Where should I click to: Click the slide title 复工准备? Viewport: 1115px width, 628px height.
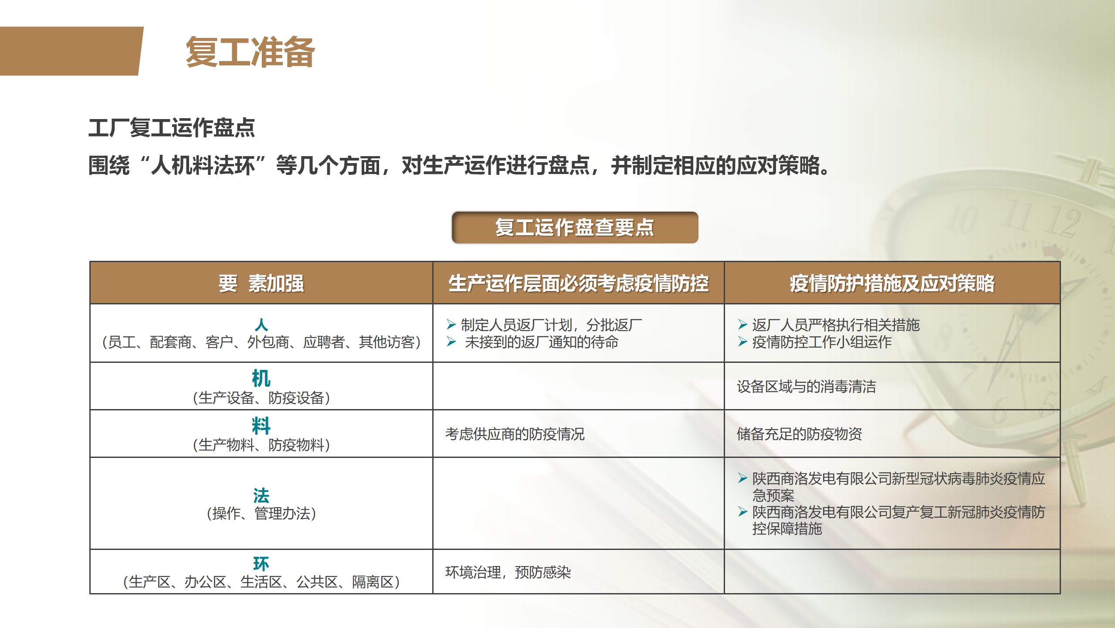[250, 52]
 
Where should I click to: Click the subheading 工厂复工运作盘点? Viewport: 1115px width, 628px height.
[172, 128]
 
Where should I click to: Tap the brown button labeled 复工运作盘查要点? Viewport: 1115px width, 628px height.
[575, 227]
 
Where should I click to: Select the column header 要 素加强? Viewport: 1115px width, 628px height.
[261, 283]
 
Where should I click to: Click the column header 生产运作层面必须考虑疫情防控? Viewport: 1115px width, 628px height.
[578, 283]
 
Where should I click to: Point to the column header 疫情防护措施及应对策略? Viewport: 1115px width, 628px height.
[892, 283]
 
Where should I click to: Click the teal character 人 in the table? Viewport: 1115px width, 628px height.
[261, 324]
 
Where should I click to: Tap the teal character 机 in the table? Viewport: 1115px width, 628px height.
[261, 378]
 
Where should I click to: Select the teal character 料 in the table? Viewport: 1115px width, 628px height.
[261, 426]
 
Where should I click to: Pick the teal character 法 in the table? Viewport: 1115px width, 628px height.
[261, 495]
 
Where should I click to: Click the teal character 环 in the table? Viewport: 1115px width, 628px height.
[261, 563]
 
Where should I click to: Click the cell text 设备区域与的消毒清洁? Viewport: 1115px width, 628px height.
[806, 386]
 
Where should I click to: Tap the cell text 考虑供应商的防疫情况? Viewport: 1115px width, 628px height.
[515, 434]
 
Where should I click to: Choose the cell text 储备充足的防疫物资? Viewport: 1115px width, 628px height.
[799, 434]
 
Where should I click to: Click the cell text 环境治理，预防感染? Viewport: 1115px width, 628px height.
[508, 572]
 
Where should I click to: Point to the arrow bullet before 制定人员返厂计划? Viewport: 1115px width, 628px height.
[451, 324]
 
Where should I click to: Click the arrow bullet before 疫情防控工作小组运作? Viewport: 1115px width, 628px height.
[742, 341]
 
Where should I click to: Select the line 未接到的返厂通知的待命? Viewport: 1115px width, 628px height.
[542, 342]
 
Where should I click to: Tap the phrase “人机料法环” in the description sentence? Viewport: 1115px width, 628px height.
[203, 166]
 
